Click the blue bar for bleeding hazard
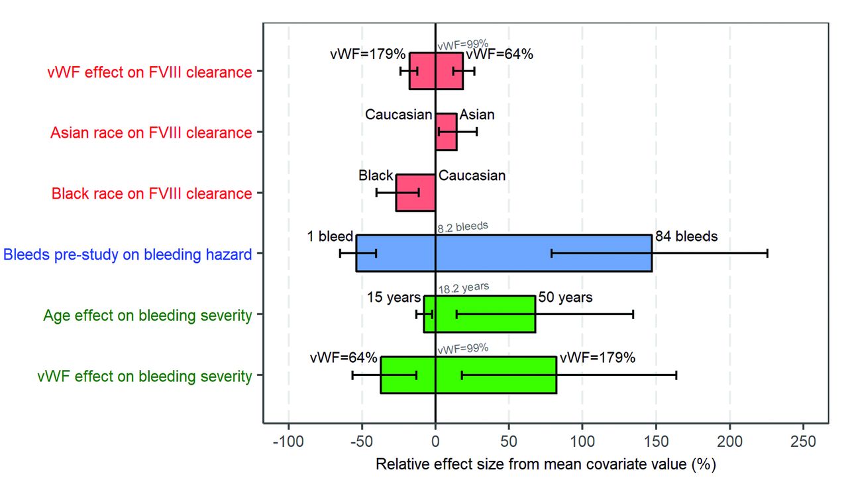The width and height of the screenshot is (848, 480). coord(503,253)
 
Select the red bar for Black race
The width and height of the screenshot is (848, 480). coord(415,193)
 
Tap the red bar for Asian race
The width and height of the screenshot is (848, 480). coord(446,132)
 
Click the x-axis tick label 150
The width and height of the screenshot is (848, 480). coord(656,442)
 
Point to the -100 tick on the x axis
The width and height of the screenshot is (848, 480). coord(288,442)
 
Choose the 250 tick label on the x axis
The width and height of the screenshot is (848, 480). coord(804,442)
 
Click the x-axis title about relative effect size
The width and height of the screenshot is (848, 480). coord(546,464)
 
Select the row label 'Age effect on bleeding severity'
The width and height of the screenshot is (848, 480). coord(148,315)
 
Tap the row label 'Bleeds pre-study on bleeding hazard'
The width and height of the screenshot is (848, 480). coord(128,254)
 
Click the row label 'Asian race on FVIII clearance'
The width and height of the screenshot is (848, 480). coord(151,132)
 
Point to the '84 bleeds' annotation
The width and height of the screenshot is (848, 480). coord(686,236)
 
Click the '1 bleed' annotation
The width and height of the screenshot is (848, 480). coord(330,236)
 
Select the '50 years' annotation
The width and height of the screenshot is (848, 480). coord(565,297)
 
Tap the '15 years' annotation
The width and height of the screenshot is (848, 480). coord(394,297)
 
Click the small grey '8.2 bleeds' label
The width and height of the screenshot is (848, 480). coord(462,227)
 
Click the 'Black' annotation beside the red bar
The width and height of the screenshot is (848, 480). coord(376,175)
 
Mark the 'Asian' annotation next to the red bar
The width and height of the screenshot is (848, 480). coord(477,115)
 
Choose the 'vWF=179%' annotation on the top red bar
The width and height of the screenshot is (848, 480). coord(368,54)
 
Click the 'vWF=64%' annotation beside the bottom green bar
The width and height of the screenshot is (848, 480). coord(343,358)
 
